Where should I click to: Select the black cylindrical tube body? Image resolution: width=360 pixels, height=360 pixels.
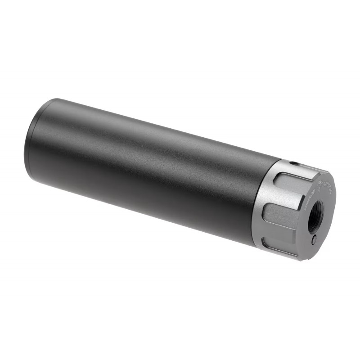[144, 171]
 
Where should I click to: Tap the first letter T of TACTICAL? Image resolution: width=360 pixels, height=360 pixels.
[325, 183]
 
